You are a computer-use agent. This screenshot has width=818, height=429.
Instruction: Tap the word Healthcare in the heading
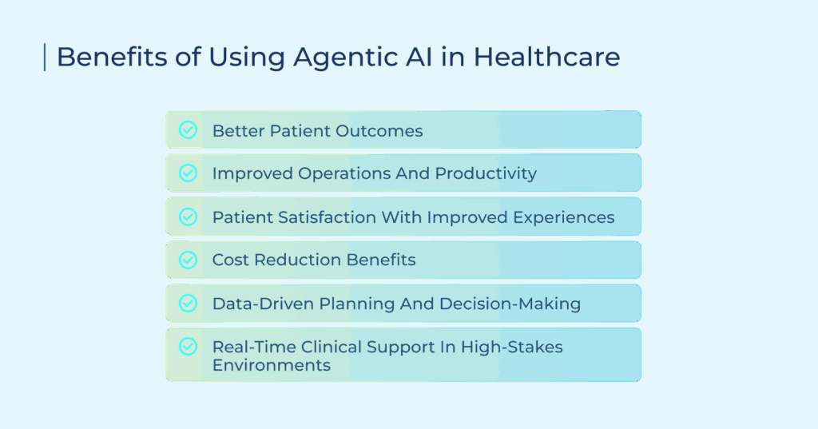click(x=546, y=57)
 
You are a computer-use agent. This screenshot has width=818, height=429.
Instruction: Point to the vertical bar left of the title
click(x=45, y=57)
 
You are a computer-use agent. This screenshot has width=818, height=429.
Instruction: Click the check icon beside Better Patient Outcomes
click(x=188, y=130)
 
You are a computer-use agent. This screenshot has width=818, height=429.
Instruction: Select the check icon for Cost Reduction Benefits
click(x=188, y=260)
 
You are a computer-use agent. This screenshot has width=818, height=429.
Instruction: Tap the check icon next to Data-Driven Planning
click(x=188, y=303)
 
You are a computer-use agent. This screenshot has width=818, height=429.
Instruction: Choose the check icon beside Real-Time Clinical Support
click(x=188, y=346)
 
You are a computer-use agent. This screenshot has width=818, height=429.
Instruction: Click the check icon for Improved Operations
click(x=188, y=173)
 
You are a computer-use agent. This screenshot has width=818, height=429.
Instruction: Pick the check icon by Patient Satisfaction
click(x=188, y=216)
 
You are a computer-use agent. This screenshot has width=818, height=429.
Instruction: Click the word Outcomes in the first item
click(x=379, y=130)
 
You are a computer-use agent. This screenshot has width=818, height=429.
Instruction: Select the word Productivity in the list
click(x=486, y=174)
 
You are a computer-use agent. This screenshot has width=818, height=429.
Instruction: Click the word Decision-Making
click(x=510, y=304)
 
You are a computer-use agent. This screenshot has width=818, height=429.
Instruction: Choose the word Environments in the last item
click(x=272, y=365)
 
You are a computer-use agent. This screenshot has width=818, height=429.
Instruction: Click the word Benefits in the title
click(x=112, y=57)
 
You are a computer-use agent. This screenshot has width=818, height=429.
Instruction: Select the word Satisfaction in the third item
click(x=327, y=217)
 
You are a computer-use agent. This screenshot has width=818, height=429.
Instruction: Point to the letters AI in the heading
click(x=419, y=57)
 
